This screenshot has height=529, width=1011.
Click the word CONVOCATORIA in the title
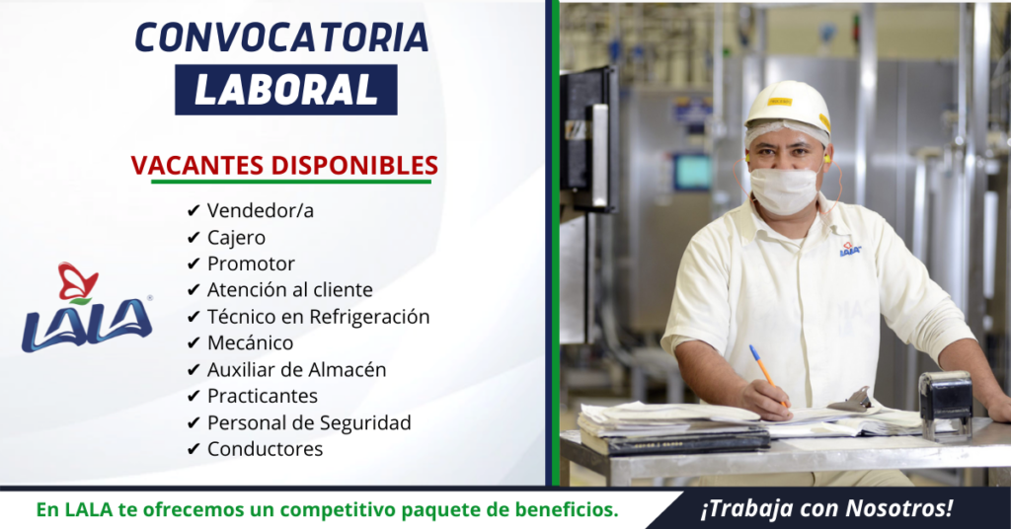pos(281,38)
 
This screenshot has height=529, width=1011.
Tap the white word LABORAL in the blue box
pos(285,90)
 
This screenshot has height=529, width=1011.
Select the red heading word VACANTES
pos(197,166)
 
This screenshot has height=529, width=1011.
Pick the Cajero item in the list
pos(236,238)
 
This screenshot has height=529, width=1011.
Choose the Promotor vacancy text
pos(251,264)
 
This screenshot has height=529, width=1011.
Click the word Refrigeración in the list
pos(369,317)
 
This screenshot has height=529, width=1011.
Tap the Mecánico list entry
pos(250,342)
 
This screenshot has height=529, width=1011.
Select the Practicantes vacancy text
pos(263,396)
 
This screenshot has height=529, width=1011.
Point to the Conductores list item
pos(265,448)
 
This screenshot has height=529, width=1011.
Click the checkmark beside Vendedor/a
pos(194,210)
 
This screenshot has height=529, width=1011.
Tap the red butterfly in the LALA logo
pos(77,281)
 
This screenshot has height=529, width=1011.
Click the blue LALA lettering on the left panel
pos(87,326)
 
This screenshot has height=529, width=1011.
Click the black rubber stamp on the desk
pos(946,406)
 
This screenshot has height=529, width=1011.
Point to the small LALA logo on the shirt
pos(850,249)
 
